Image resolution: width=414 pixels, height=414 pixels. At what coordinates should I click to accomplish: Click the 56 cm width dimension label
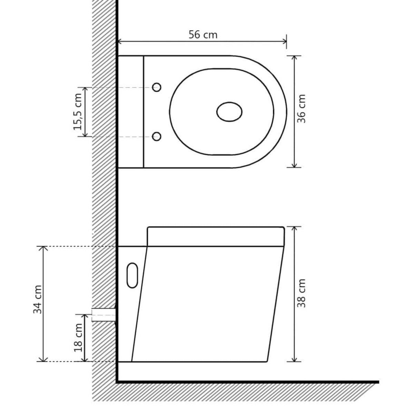[x=203, y=34]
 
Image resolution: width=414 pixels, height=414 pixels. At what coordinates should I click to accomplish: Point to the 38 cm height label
[x=302, y=293]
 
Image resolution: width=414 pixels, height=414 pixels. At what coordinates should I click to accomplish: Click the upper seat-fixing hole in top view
[x=157, y=87]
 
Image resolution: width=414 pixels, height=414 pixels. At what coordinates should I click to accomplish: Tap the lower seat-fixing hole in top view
[x=157, y=137]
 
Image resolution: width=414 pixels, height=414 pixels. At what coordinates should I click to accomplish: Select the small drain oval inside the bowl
[x=229, y=112]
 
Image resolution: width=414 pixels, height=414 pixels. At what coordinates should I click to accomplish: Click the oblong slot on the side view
[x=132, y=275]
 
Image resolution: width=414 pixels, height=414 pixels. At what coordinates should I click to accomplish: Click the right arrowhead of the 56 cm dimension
[x=285, y=42]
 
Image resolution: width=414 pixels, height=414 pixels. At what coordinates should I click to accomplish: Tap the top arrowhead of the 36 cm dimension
[x=294, y=58]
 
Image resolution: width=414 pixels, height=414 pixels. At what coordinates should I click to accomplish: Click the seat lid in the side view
[x=216, y=236]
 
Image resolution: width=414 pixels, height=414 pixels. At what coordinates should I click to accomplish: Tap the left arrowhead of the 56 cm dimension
[x=120, y=42]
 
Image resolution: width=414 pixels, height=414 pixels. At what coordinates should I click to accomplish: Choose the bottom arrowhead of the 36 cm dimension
[x=294, y=166]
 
